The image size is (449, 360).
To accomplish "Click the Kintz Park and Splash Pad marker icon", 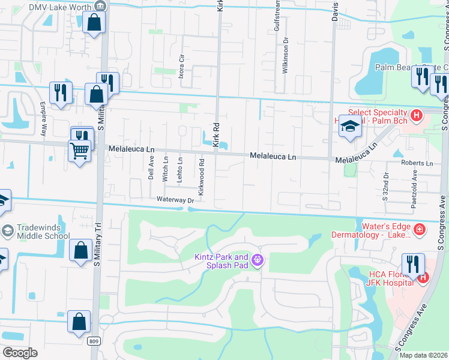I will [x=258, y=260].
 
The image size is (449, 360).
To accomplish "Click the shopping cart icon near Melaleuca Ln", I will [x=79, y=150].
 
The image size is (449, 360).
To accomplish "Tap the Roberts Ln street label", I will [x=417, y=163].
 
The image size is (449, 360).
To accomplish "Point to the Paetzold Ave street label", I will [x=415, y=182].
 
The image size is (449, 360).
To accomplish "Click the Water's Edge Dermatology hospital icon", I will [x=419, y=229].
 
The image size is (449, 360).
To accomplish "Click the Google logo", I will [x=20, y=353].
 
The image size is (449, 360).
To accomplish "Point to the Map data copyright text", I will [x=423, y=355].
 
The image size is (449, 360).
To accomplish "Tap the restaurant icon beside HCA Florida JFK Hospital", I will [x=414, y=264].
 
